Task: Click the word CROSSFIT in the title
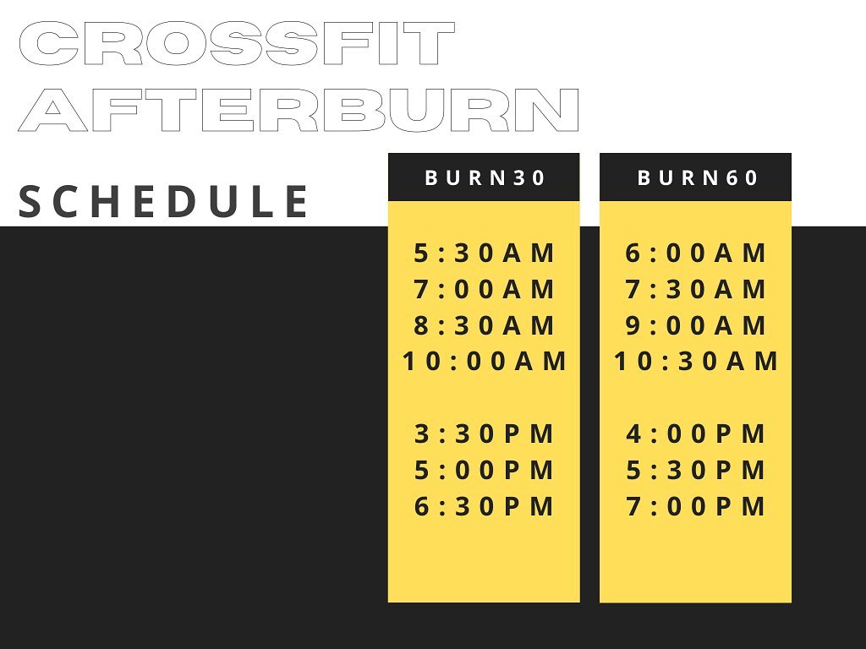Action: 237,44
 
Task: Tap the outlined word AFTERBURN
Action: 299,110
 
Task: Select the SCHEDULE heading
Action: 163,201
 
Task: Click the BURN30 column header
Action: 485,177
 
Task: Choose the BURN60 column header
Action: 697,177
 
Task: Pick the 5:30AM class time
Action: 484,254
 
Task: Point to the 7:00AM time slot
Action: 484,289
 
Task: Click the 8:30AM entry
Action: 484,325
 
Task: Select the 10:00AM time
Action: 485,362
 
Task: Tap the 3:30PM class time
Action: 484,434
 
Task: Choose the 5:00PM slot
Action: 484,470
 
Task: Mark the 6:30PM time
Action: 484,507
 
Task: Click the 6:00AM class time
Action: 695,254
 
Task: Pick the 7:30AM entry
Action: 695,289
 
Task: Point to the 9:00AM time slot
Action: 695,325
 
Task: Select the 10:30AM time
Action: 696,362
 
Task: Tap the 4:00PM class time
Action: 695,434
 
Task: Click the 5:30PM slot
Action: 695,470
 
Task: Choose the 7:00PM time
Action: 695,507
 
